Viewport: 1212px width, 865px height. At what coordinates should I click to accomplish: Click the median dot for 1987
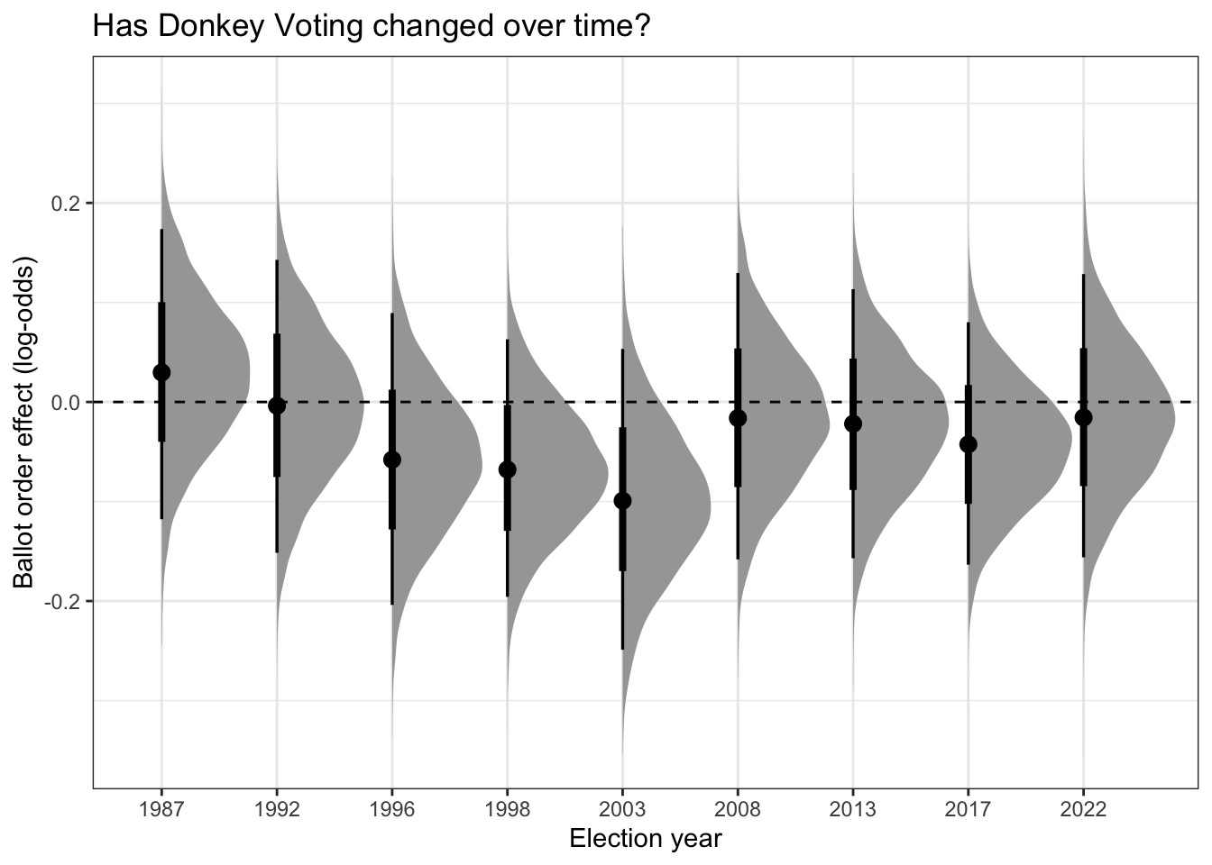pyautogui.click(x=161, y=372)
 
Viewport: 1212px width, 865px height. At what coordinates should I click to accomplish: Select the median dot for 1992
pyautogui.click(x=277, y=405)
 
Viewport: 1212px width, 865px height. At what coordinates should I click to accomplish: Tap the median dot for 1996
pyautogui.click(x=392, y=460)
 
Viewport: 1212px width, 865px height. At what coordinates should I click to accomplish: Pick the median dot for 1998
pyautogui.click(x=507, y=469)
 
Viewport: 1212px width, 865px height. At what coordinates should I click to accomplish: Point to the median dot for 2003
pyautogui.click(x=622, y=501)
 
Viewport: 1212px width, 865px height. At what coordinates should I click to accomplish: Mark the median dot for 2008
pyautogui.click(x=738, y=418)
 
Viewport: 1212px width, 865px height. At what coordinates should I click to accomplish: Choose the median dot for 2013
pyautogui.click(x=853, y=423)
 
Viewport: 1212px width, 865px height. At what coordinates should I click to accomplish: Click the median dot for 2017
pyautogui.click(x=969, y=444)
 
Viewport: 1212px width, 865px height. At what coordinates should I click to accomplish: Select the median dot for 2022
pyautogui.click(x=1084, y=417)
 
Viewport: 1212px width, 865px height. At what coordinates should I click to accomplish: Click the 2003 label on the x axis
pyautogui.click(x=622, y=810)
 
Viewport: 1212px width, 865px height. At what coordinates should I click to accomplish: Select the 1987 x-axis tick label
pyautogui.click(x=161, y=810)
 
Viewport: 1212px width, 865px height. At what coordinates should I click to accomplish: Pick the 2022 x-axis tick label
pyautogui.click(x=1084, y=810)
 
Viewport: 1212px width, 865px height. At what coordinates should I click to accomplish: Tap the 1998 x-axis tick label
pyautogui.click(x=507, y=810)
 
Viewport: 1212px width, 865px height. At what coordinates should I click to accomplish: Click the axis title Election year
pyautogui.click(x=646, y=839)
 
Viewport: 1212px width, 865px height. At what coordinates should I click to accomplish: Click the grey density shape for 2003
pyautogui.click(x=667, y=514)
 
